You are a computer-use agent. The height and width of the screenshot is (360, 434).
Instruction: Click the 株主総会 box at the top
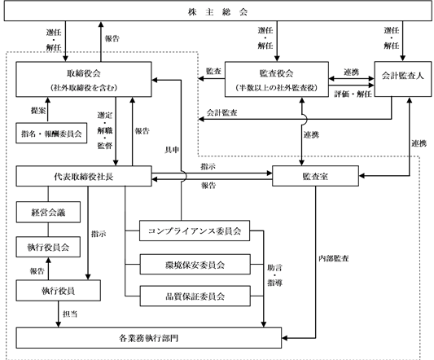(217, 11)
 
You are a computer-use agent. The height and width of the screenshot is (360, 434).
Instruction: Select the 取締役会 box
(84, 79)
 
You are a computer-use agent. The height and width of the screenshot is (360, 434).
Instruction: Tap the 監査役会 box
(277, 79)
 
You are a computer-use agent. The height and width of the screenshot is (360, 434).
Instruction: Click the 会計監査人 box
(403, 79)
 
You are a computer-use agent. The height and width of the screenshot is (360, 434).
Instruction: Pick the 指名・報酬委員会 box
(51, 134)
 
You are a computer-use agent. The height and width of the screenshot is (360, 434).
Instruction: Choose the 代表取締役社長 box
(84, 176)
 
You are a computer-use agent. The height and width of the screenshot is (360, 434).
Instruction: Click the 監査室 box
(315, 176)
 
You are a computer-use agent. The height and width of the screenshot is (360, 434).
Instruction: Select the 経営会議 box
(48, 212)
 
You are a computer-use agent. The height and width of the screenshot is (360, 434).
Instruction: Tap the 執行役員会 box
(48, 247)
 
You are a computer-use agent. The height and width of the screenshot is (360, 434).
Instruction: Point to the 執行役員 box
(58, 291)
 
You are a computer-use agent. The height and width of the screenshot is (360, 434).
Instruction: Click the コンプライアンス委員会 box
(195, 230)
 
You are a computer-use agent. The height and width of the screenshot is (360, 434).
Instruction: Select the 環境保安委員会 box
(195, 265)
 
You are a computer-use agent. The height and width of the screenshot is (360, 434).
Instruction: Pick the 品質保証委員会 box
(195, 296)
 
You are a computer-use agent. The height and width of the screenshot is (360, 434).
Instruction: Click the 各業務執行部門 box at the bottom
(149, 338)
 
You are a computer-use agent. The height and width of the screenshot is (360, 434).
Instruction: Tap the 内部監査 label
(334, 258)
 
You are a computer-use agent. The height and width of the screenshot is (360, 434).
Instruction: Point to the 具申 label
(172, 150)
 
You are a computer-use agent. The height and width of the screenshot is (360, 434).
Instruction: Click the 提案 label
(38, 111)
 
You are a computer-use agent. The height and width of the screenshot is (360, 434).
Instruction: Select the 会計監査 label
(222, 112)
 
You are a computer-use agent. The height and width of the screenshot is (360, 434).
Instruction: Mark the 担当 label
(70, 314)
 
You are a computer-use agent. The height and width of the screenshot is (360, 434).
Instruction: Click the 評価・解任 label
(353, 94)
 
